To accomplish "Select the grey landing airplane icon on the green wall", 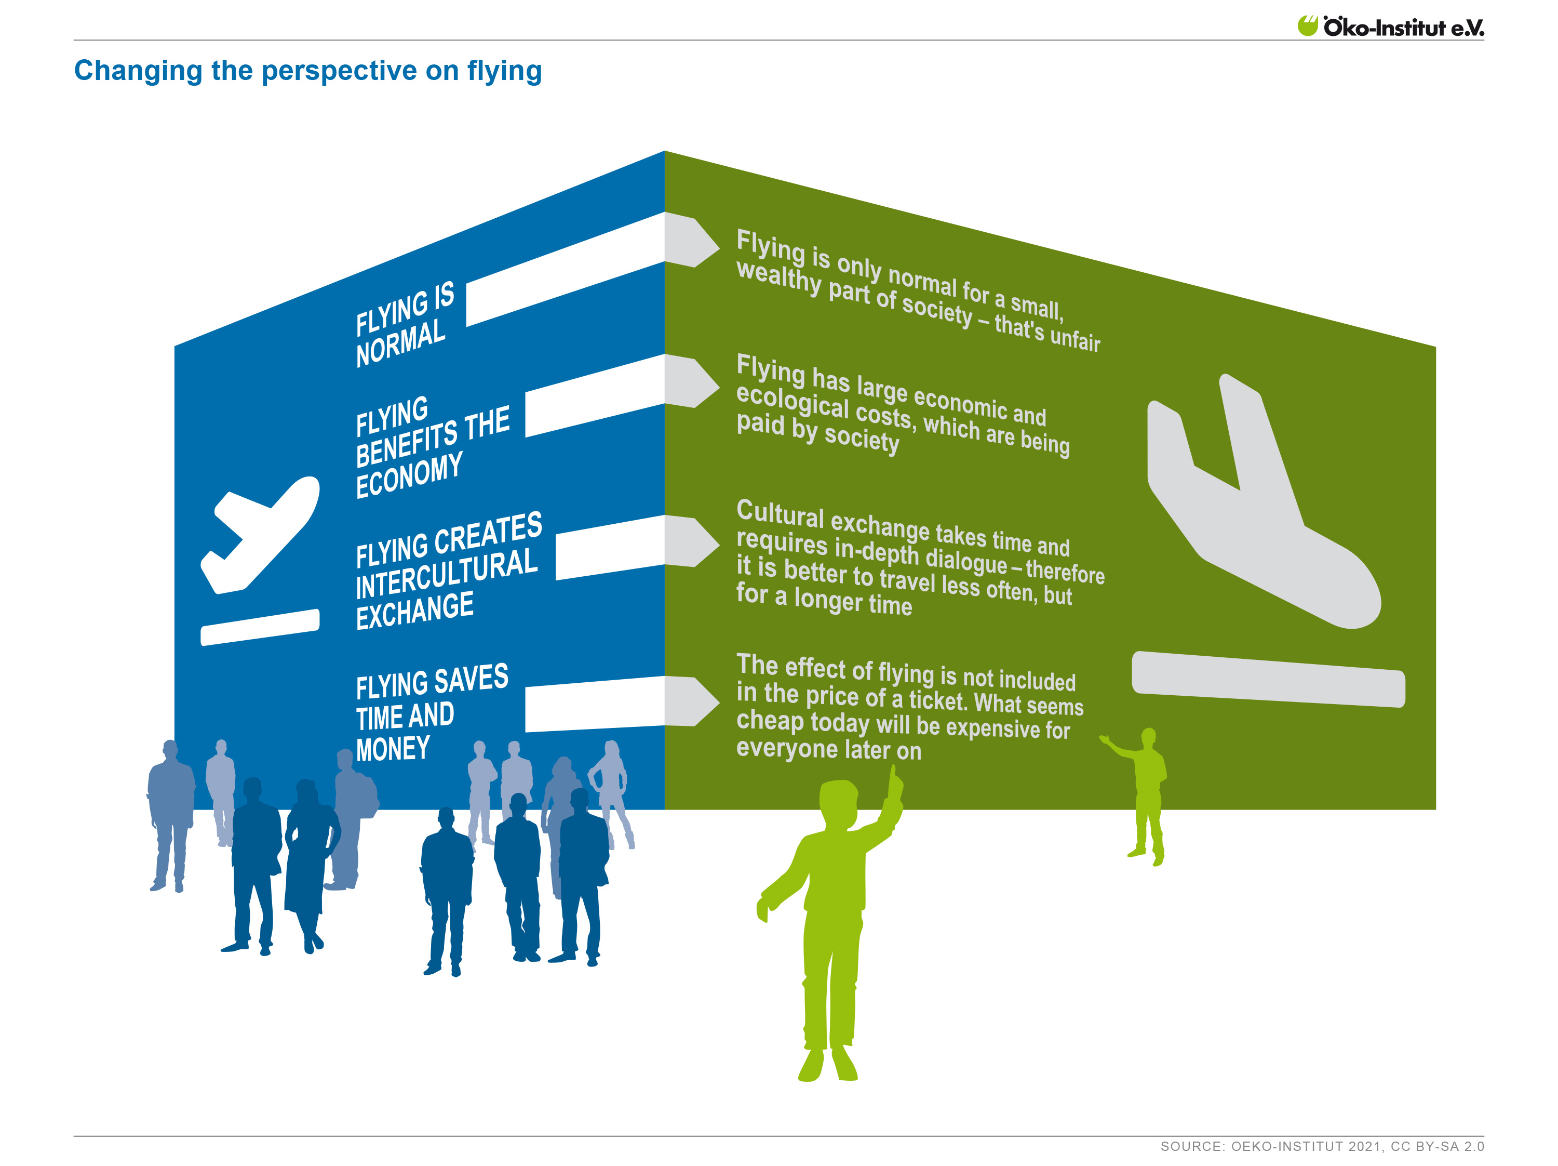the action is (x=1264, y=501).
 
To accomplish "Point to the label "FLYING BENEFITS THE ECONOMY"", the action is (x=432, y=447).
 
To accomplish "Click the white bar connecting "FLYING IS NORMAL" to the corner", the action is (x=566, y=269).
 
